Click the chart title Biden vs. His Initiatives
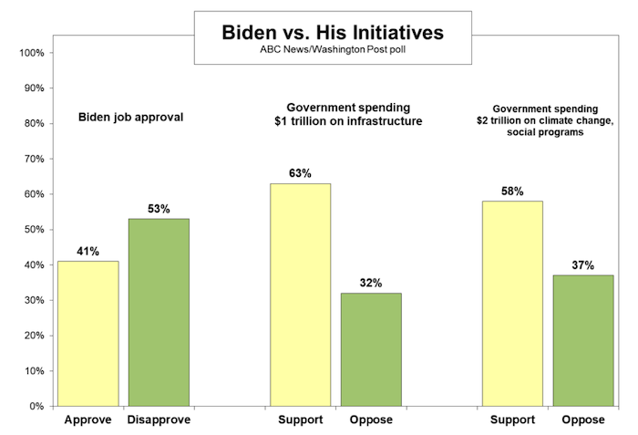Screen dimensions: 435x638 coord(333,33)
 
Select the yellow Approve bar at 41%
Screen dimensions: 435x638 coord(87,333)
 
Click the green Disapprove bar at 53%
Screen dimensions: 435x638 coord(159,312)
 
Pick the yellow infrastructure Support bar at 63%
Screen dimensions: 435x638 coord(300,295)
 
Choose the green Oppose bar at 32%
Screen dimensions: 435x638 coord(371,349)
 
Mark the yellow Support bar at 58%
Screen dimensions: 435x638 coord(512,303)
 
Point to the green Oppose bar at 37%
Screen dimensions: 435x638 coord(583,340)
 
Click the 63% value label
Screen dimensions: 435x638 coord(300,173)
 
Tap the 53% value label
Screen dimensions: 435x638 coord(159,209)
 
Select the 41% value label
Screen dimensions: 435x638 coord(87,251)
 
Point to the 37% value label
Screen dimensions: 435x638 coord(583,265)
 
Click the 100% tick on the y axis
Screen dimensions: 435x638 coord(32,53)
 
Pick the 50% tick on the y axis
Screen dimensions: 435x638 coord(34,230)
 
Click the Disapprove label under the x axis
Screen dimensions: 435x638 coord(159,420)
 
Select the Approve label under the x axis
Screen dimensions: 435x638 coord(87,420)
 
